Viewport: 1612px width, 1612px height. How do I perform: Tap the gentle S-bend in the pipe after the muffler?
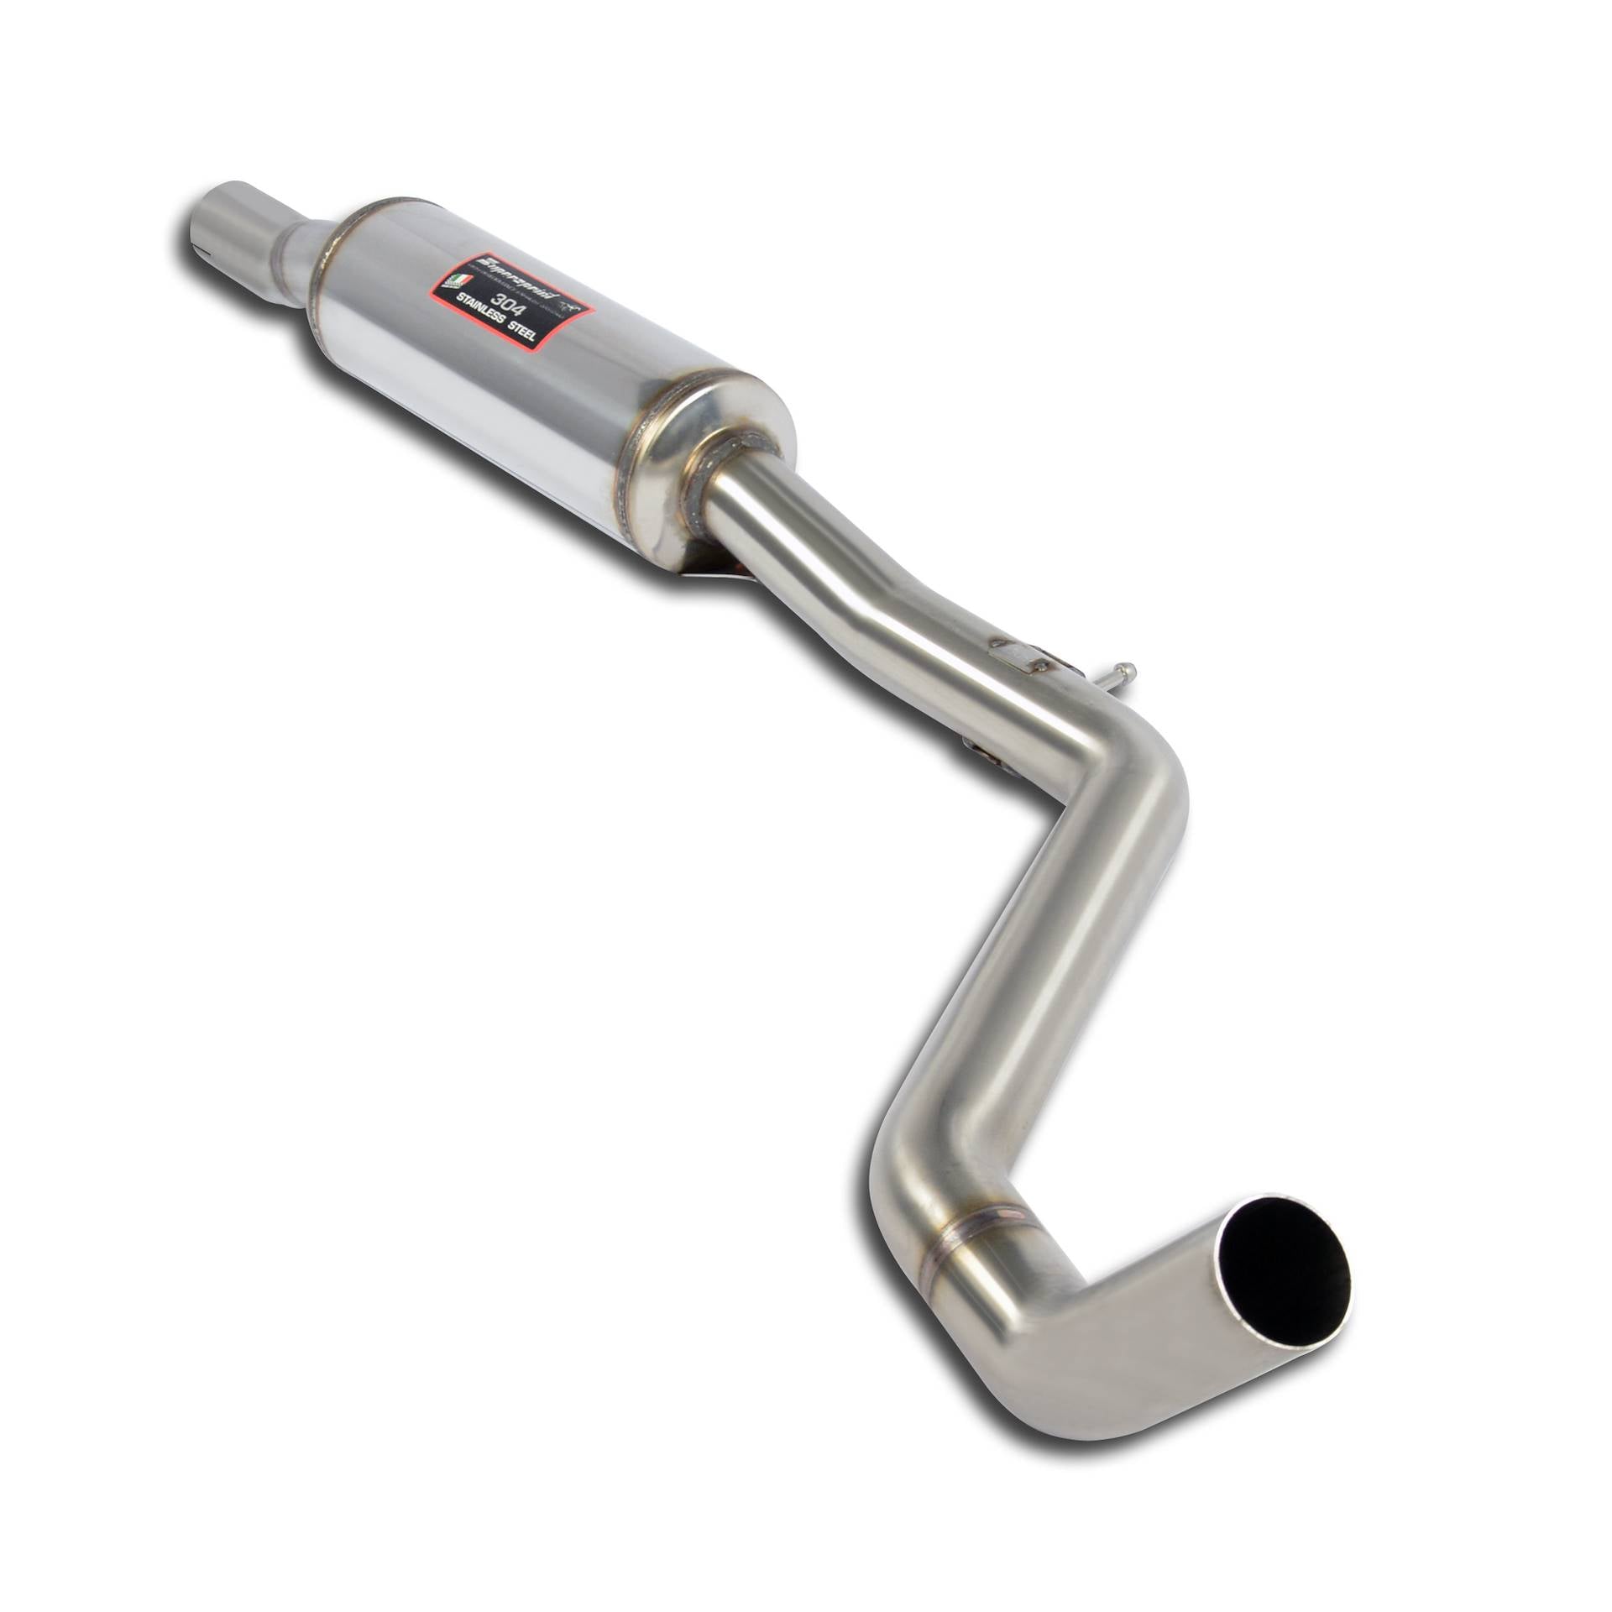click(x=873, y=596)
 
